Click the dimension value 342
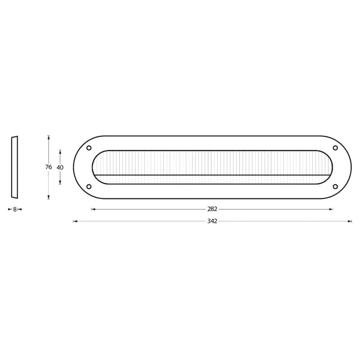point(212,221)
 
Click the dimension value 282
point(212,209)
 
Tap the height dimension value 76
point(49,167)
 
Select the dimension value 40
point(60,167)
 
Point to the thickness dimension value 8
point(15,209)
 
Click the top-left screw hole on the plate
point(89,148)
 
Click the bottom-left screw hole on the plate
point(89,186)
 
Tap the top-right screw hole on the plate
point(335,148)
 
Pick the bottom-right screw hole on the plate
point(335,186)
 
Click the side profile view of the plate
point(14,167)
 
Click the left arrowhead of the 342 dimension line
point(75,221)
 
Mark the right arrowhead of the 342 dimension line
point(350,221)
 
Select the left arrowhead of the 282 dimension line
point(93,209)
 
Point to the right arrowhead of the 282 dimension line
point(331,209)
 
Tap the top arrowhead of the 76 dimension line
point(49,138)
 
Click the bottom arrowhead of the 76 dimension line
point(49,197)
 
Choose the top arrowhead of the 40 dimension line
point(60,152)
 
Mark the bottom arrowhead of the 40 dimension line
point(60,182)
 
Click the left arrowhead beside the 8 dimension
point(10,209)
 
